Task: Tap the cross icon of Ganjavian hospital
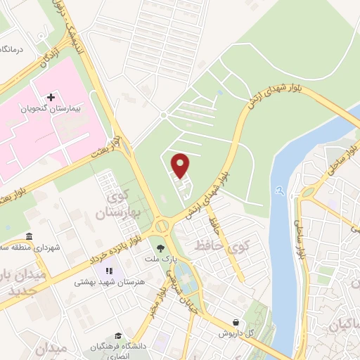tap(50, 96)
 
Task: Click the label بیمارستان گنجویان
tap(50, 110)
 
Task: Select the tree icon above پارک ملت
tap(162, 247)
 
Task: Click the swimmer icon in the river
tap(280, 189)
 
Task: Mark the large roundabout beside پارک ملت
tap(163, 226)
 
